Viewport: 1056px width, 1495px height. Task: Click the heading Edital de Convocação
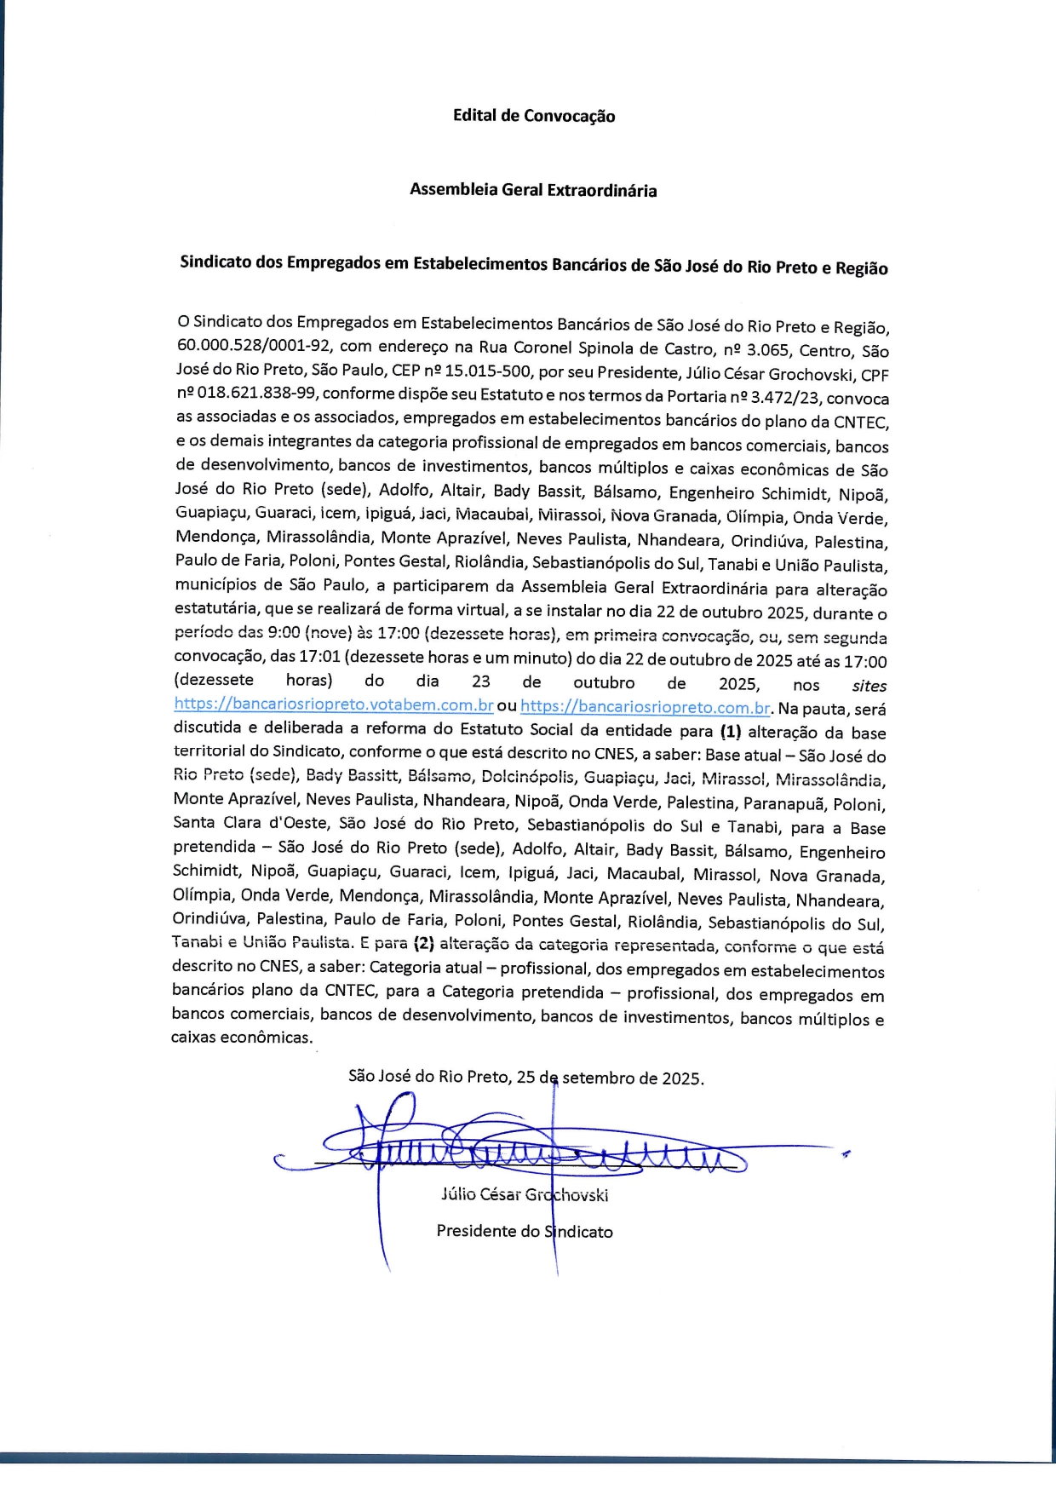tap(533, 116)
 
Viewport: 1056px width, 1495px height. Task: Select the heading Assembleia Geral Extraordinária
tap(533, 190)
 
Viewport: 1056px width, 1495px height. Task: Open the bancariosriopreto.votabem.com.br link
tap(334, 705)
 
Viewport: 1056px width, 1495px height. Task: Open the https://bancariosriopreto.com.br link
tap(646, 707)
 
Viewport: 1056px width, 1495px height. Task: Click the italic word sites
tap(869, 686)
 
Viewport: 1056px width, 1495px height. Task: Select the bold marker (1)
tap(731, 731)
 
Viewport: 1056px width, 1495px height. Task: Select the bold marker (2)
tap(423, 943)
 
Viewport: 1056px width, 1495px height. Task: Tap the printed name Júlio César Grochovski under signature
tap(525, 1194)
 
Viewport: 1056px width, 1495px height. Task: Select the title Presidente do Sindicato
tap(525, 1231)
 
